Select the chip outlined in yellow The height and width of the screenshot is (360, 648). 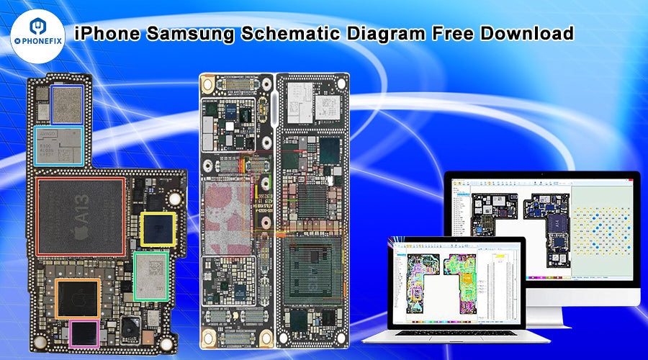[x=158, y=230]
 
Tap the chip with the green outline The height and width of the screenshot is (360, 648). [x=151, y=275]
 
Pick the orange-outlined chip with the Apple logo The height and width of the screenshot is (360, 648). [x=78, y=297]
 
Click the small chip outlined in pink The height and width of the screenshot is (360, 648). [x=84, y=332]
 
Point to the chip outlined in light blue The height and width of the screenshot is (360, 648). [x=60, y=145]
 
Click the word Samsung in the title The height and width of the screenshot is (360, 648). [x=190, y=34]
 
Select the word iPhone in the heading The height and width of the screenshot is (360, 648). [x=105, y=34]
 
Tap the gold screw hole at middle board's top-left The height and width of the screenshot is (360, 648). [x=208, y=84]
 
